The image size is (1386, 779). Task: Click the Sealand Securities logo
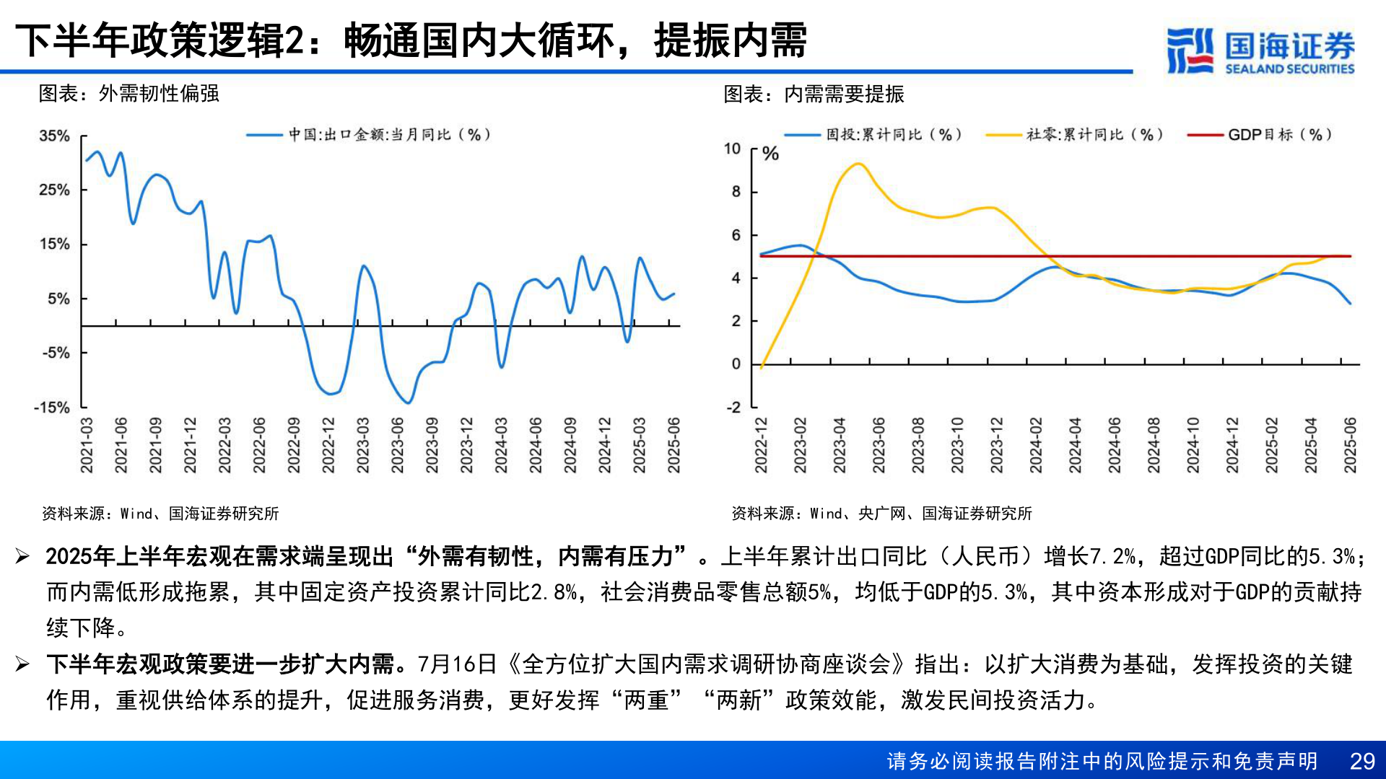click(1260, 50)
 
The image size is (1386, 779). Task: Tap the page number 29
click(1362, 761)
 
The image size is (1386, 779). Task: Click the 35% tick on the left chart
click(54, 136)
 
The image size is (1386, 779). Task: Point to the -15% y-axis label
click(52, 408)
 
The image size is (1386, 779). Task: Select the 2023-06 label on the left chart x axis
click(398, 445)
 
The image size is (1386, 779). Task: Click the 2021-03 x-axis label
click(87, 445)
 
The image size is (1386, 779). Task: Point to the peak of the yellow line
click(858, 164)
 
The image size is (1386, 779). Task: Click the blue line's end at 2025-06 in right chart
click(1350, 304)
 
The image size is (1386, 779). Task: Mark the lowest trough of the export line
click(409, 402)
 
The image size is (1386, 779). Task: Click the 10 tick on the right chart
click(732, 149)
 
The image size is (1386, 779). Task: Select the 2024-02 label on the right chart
click(1036, 445)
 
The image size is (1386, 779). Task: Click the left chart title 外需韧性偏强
click(159, 94)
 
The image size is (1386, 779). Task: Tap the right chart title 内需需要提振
click(844, 94)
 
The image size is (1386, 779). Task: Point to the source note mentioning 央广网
click(881, 514)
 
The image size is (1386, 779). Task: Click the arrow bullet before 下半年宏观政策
click(22, 664)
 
